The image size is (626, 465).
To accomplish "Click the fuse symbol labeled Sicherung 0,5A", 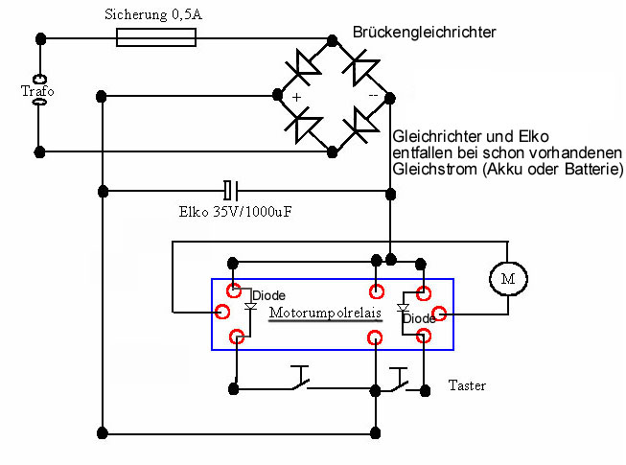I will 156,37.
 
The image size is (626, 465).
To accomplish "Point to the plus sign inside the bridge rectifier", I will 296,98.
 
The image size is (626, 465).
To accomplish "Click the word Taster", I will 467,385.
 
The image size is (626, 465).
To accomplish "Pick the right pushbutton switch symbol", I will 400,381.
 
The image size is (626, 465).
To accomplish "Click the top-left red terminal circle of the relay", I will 234,291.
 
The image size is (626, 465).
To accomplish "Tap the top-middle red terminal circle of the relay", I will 377,291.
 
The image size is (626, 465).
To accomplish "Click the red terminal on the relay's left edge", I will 222,311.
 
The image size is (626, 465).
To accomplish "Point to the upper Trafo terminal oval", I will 39,79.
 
